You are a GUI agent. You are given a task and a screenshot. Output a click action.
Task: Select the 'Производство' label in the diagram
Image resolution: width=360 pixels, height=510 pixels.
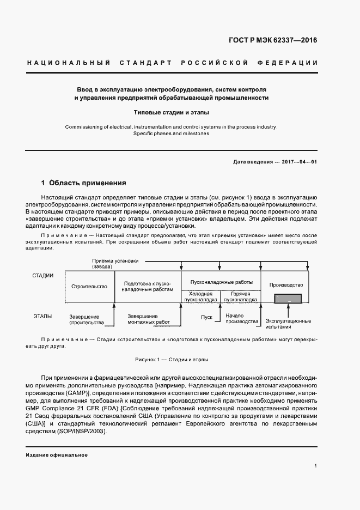286,285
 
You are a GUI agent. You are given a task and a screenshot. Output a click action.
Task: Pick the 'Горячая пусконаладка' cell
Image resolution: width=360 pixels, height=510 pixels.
240,296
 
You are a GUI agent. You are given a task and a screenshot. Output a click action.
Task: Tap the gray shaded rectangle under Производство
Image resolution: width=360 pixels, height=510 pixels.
286,299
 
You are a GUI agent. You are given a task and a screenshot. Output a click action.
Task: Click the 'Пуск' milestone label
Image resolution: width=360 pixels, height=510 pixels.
206,317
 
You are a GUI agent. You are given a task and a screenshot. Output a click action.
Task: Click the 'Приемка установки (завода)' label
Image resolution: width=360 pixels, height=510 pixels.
112,264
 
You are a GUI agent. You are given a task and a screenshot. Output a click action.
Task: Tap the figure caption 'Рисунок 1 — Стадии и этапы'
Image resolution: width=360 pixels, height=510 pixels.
172,360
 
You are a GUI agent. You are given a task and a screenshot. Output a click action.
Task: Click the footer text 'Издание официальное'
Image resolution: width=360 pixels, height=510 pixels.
57,455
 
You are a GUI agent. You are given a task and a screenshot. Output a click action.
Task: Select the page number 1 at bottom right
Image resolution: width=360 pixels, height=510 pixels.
316,466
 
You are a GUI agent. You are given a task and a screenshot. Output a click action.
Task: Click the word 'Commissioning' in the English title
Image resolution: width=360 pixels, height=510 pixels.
82,127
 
